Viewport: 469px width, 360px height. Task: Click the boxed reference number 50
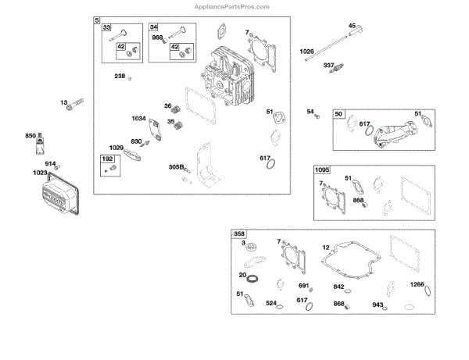338,114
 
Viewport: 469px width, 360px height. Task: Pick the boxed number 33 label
108,27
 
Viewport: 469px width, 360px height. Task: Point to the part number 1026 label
306,52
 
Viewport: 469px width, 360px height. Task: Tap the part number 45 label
351,27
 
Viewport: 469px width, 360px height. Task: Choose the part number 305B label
175,166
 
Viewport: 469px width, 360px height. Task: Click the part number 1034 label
139,118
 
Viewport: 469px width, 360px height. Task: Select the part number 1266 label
417,284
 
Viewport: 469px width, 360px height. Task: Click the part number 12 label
325,248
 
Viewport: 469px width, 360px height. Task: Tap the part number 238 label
120,76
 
